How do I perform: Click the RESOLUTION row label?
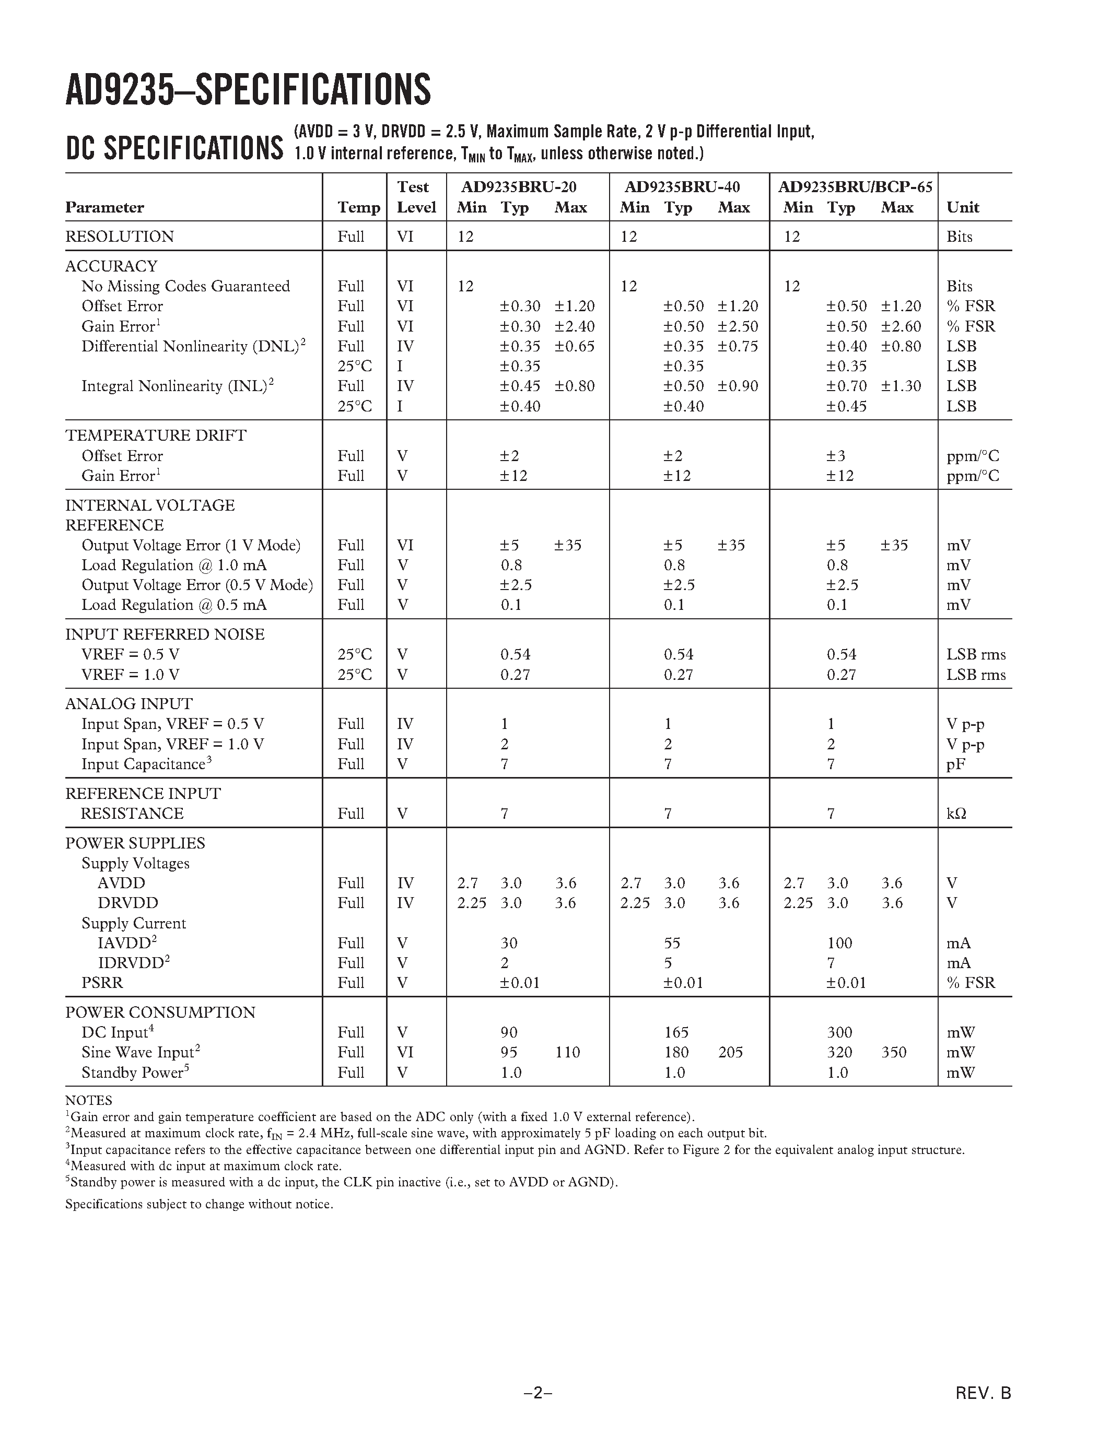[119, 236]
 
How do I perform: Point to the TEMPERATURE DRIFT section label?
[155, 435]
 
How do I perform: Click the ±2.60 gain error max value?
[901, 326]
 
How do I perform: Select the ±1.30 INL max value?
[901, 386]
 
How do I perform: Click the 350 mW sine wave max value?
[893, 1052]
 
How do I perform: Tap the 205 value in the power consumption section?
[730, 1052]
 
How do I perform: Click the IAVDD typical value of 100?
[839, 943]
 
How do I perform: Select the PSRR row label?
[102, 982]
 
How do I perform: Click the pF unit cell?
[955, 764]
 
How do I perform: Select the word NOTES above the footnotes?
[88, 1101]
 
